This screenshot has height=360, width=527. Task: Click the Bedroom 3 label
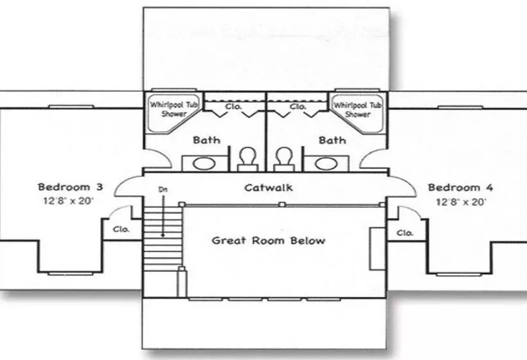click(70, 188)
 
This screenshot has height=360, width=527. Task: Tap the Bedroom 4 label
click(461, 188)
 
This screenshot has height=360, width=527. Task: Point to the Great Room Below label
click(269, 240)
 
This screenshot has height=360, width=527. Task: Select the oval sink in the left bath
click(204, 163)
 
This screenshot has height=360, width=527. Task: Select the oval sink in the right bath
click(325, 163)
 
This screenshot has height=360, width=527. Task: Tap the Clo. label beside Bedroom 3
click(121, 228)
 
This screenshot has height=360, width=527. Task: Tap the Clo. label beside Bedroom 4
click(405, 232)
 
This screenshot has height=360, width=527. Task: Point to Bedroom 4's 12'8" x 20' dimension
click(461, 202)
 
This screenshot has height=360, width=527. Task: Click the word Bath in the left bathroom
click(206, 139)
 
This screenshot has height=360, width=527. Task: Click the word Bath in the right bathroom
click(332, 139)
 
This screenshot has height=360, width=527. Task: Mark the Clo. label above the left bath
click(234, 106)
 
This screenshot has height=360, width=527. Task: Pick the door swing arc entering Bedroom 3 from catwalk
click(128, 186)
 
